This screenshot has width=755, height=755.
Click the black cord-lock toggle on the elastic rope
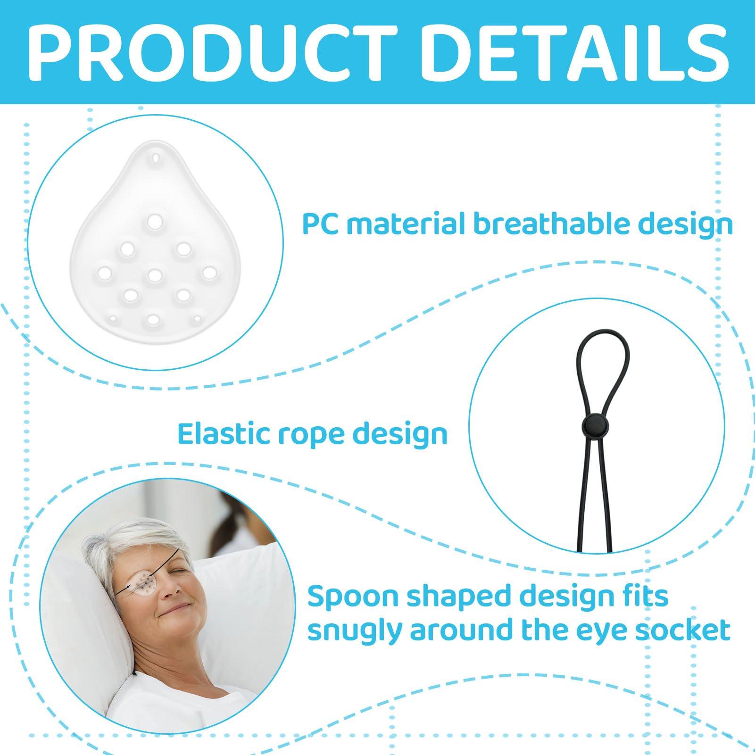click(589, 423)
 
